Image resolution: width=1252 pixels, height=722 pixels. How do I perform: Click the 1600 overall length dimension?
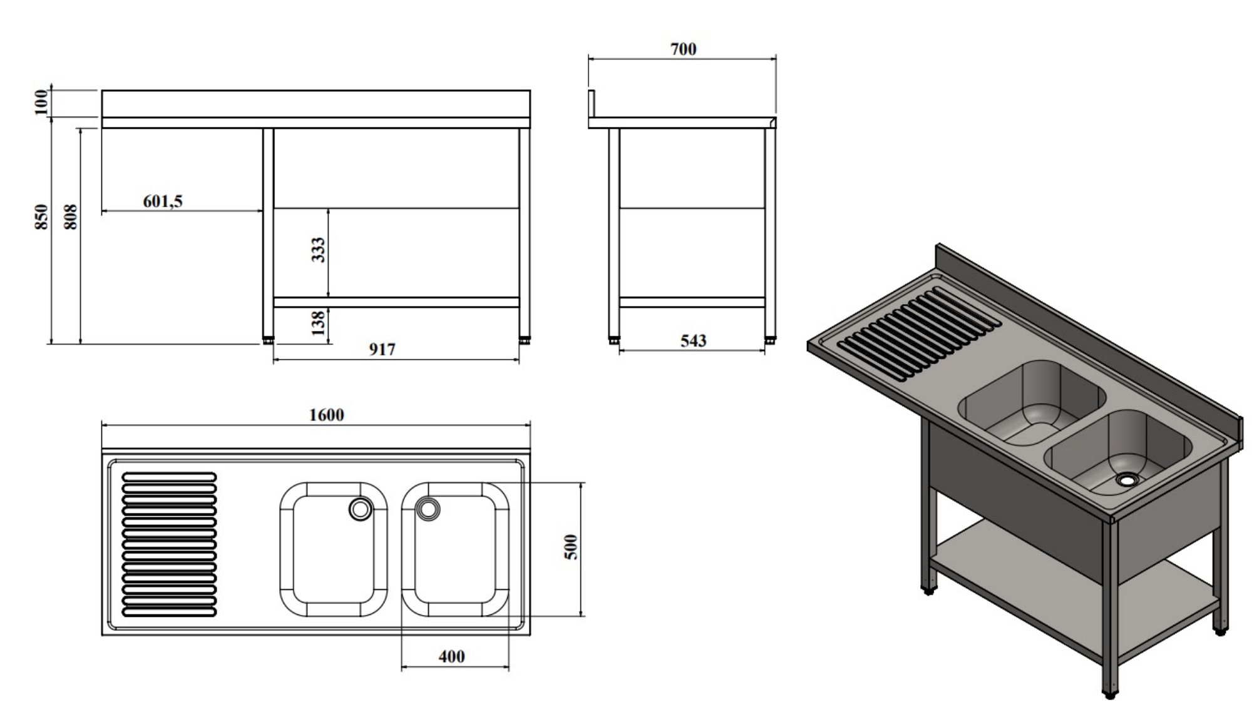(326, 415)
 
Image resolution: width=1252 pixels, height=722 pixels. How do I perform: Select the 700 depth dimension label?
(683, 49)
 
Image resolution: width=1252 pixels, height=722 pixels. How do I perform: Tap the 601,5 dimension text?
(163, 201)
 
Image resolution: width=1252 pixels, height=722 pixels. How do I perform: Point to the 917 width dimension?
(382, 349)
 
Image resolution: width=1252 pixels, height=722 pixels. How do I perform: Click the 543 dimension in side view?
(693, 340)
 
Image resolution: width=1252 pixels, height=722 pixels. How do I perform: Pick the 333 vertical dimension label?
(319, 250)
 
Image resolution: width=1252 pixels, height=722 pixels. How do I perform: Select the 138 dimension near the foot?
(319, 322)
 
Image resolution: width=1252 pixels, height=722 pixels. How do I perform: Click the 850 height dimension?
(41, 216)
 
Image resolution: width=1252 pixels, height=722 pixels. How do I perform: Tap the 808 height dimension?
(71, 216)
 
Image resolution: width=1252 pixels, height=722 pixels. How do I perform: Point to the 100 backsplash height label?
(41, 102)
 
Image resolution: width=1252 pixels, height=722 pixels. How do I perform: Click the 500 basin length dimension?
(571, 547)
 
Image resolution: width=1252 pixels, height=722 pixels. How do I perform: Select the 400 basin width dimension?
(451, 656)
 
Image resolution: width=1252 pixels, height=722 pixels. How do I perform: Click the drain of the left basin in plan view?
(360, 509)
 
